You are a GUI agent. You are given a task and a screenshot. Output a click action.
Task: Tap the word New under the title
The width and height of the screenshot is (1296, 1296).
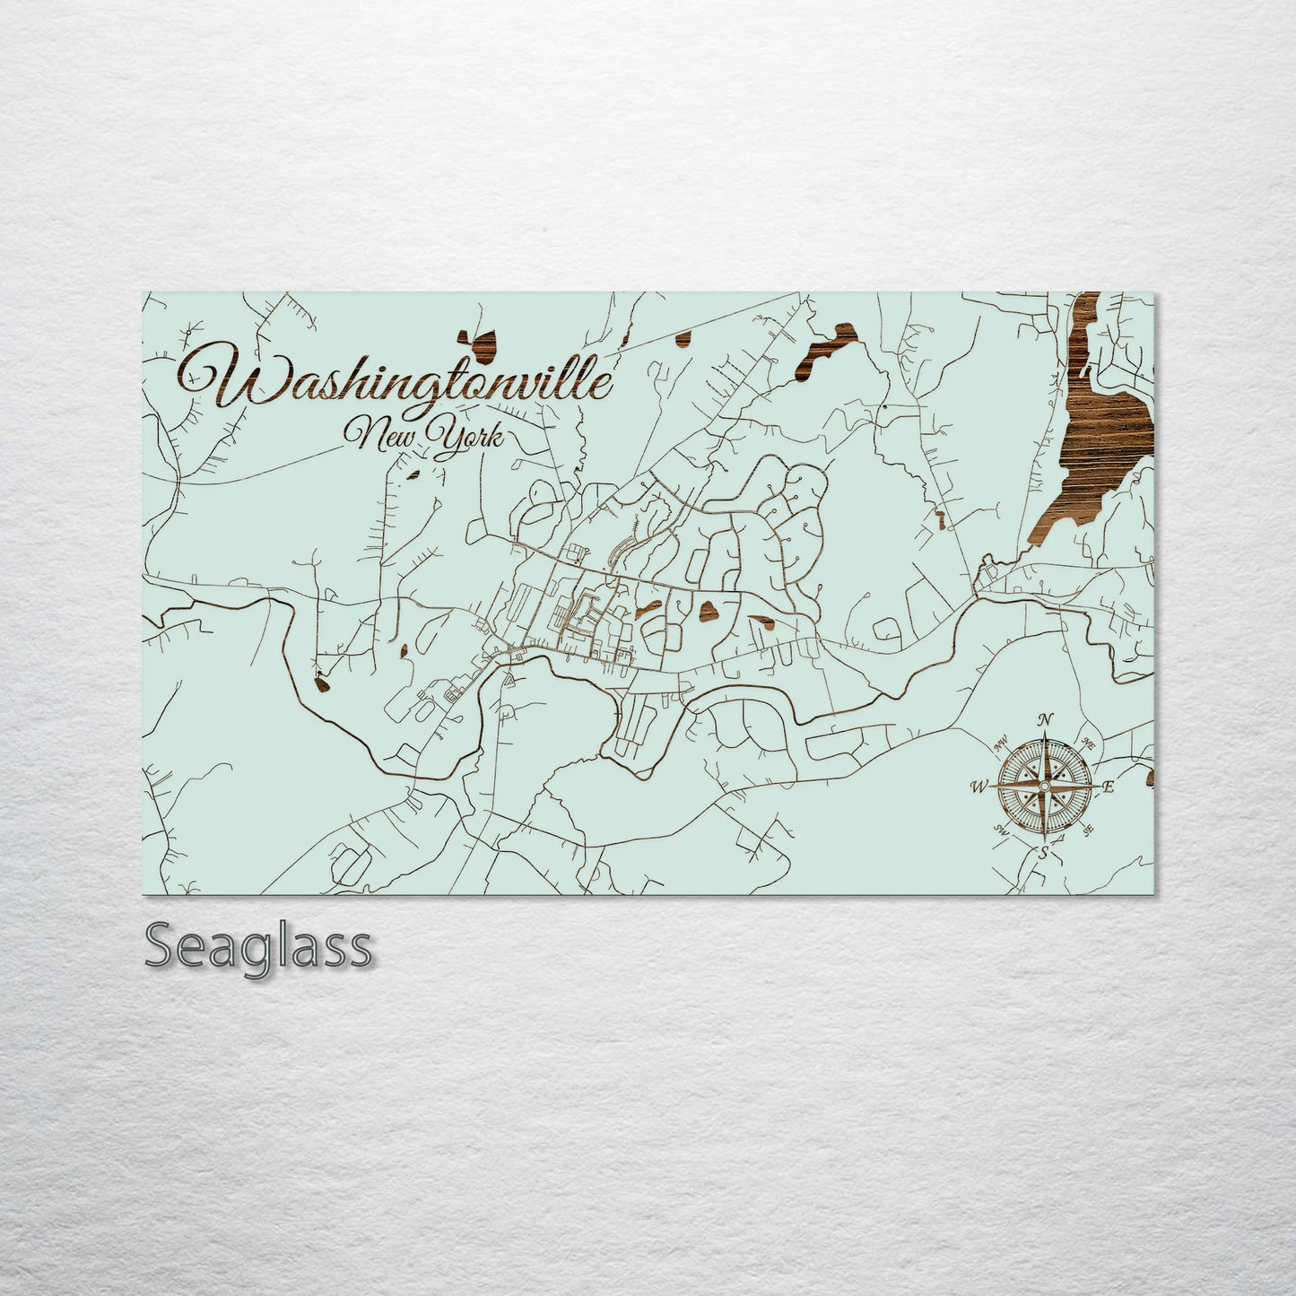(384, 437)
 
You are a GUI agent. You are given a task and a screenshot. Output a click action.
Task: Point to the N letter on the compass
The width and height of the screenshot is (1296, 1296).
(1044, 718)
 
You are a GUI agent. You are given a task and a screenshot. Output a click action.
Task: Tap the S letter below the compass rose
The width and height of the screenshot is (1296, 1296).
(1043, 853)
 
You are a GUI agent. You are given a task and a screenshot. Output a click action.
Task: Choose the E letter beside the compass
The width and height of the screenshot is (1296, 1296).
(1108, 787)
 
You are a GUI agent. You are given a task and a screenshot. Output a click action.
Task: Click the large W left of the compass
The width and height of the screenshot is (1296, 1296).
(979, 787)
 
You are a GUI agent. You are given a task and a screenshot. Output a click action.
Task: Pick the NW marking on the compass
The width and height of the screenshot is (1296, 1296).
(1000, 743)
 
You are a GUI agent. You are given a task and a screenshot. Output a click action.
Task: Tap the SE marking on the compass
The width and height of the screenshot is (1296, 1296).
(1088, 829)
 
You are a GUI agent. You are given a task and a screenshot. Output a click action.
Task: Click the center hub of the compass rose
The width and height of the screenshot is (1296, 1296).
(1044, 786)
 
